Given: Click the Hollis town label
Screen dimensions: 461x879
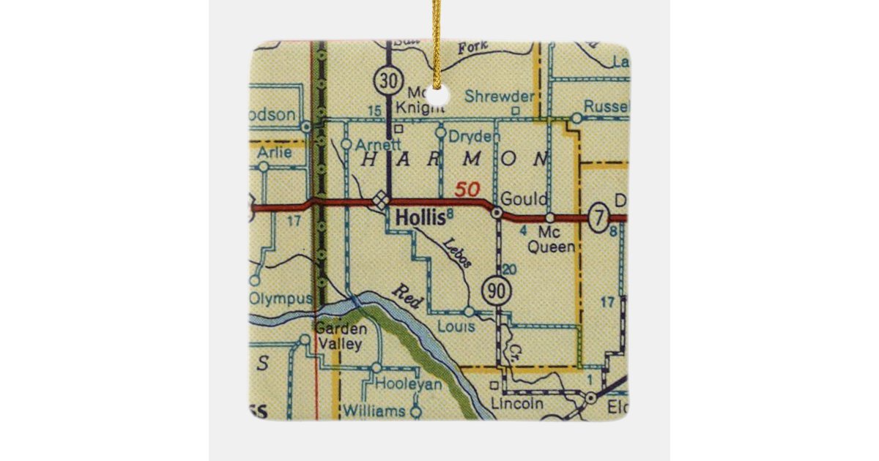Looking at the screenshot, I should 419,217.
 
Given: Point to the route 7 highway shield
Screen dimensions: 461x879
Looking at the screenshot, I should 599,217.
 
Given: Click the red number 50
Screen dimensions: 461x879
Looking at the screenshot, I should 467,190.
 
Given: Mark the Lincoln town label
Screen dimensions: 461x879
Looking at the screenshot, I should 517,403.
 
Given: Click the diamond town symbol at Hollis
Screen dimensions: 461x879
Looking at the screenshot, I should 380,198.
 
